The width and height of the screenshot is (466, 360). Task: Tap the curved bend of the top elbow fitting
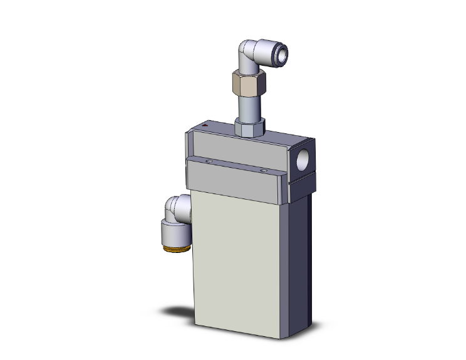tap(246, 50)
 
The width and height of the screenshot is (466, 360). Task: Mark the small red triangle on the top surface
tap(207, 128)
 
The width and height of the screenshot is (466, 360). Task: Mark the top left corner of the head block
tap(187, 131)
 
